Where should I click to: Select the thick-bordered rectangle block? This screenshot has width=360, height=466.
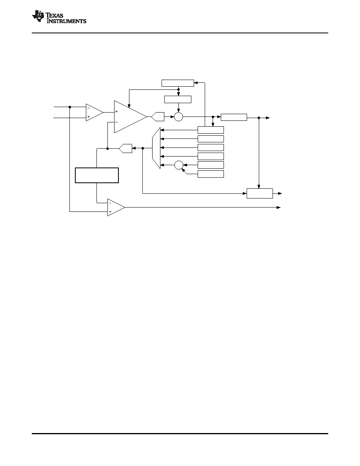click(97, 175)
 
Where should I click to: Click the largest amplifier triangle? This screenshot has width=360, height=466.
click(131, 117)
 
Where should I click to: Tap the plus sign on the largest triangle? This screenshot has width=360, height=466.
click(116, 111)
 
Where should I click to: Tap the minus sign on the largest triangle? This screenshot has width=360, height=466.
click(116, 122)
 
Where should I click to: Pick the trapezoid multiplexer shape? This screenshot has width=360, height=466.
click(156, 148)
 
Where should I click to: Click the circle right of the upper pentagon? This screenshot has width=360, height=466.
click(178, 117)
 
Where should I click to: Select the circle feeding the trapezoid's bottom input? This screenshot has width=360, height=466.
click(178, 165)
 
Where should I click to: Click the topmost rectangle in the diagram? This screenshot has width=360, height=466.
click(178, 83)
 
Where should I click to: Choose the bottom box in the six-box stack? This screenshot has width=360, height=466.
click(211, 174)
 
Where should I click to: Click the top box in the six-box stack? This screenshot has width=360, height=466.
click(211, 130)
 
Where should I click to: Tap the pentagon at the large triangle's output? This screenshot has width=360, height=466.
click(158, 117)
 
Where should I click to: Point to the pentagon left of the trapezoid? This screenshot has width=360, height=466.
click(125, 148)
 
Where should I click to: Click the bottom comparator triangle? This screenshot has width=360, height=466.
click(116, 208)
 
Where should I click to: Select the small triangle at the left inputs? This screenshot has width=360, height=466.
click(95, 112)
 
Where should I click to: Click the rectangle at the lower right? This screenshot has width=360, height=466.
click(260, 193)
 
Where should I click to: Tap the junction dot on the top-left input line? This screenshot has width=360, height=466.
click(70, 107)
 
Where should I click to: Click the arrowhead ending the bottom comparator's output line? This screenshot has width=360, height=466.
click(278, 208)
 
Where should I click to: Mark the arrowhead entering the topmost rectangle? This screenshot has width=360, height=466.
click(196, 83)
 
